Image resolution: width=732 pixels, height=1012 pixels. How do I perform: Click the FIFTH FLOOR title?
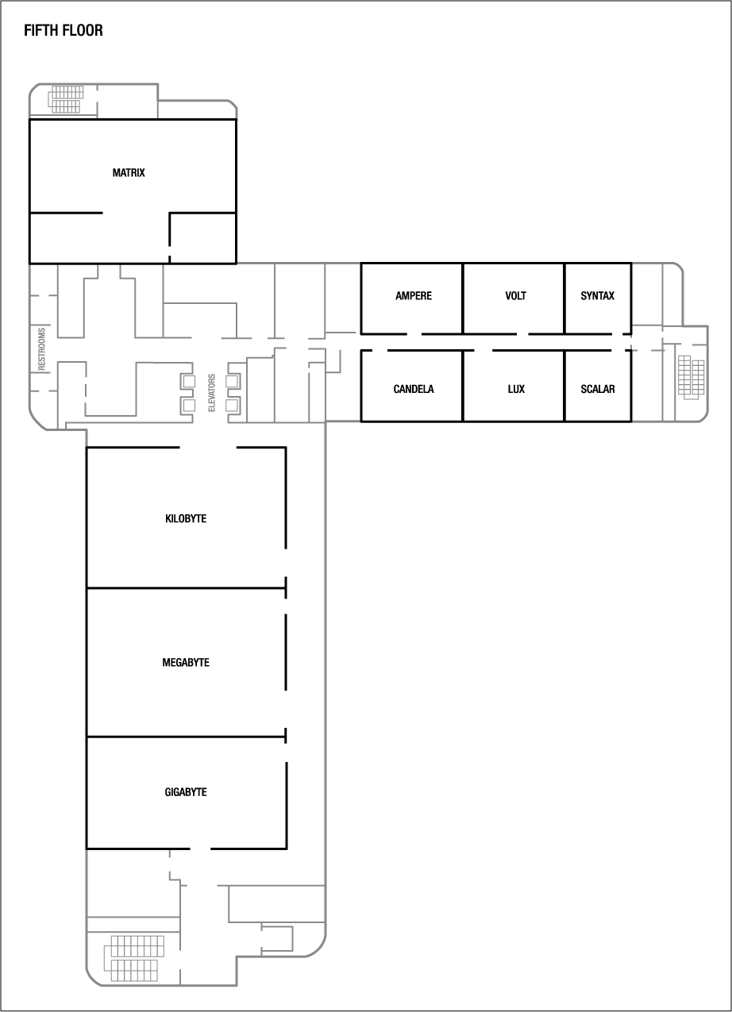[64, 31]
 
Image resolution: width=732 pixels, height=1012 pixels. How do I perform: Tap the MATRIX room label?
[129, 172]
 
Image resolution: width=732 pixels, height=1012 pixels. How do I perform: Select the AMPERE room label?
[414, 296]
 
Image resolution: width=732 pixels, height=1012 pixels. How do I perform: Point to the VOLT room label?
[515, 296]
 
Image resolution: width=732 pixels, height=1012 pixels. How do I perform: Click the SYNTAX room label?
[597, 296]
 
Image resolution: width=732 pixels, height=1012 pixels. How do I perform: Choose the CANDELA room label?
[414, 390]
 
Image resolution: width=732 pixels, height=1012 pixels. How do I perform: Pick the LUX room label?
[516, 390]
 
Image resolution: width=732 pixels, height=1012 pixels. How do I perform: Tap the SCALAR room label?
[597, 390]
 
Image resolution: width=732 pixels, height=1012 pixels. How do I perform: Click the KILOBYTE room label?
[186, 519]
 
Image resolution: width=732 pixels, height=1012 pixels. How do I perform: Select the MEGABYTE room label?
[186, 663]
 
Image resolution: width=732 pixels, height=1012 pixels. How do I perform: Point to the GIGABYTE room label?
[186, 792]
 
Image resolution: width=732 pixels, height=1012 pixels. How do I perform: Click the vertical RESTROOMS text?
[43, 349]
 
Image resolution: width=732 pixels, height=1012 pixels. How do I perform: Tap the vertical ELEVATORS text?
[212, 393]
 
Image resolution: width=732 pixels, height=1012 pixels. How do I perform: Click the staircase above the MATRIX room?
[65, 99]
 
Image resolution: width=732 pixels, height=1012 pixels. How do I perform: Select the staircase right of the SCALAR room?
[691, 378]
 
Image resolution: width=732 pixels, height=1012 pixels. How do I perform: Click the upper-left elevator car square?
[189, 381]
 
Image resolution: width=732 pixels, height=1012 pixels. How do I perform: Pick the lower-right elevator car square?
[232, 406]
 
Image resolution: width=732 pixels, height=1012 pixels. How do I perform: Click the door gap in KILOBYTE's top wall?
[208, 448]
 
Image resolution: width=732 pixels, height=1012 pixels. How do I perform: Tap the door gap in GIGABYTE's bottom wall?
[200, 848]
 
